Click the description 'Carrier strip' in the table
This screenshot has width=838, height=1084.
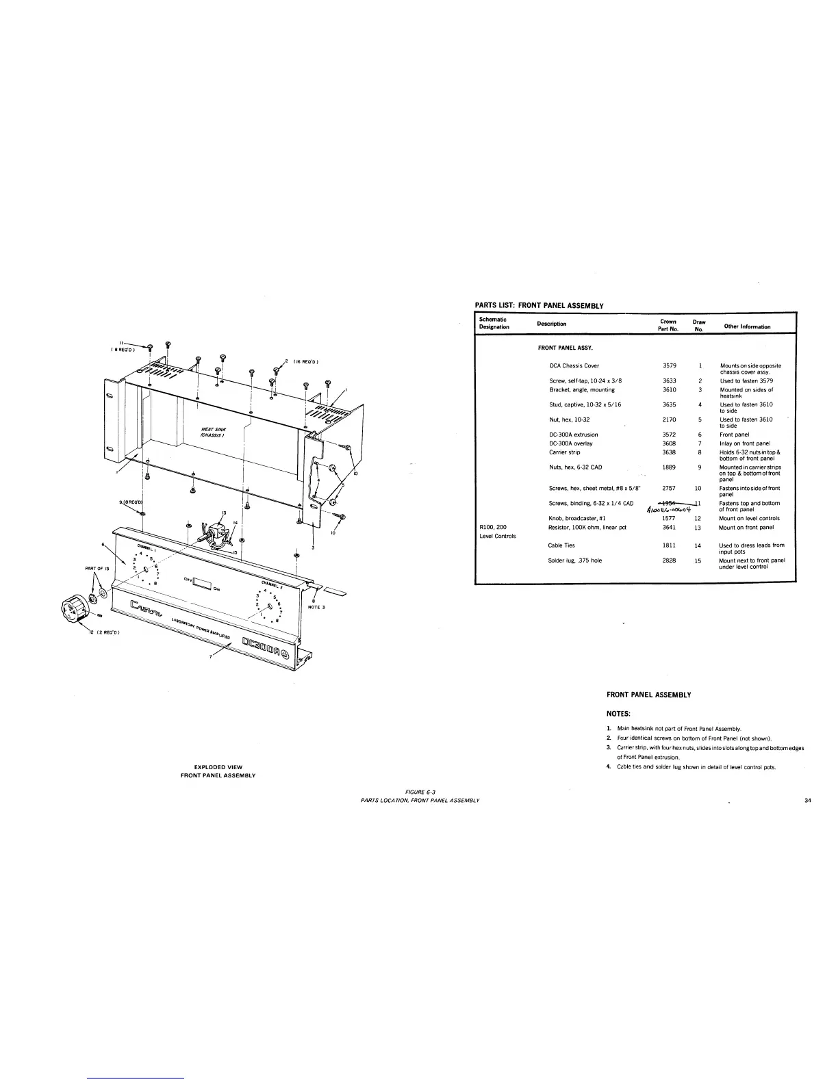[x=565, y=452]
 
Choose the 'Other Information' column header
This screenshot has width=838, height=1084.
[x=747, y=326]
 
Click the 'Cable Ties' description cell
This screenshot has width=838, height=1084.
[x=561, y=545]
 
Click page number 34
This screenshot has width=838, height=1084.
[x=809, y=800]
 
